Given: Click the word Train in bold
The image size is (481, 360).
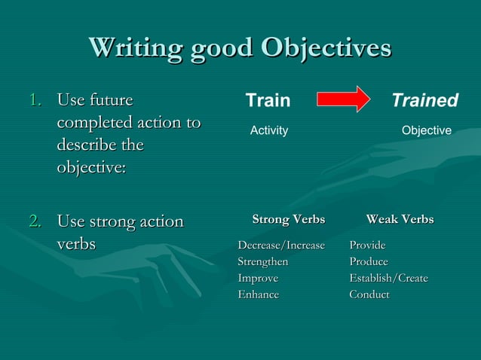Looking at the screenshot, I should pyautogui.click(x=268, y=101).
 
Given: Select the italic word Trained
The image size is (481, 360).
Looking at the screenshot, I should pyautogui.click(x=424, y=101).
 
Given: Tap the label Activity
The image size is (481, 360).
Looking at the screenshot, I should pyautogui.click(x=269, y=131).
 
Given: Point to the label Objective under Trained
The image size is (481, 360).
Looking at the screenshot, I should pyautogui.click(x=426, y=131).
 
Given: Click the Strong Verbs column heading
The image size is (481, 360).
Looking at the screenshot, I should pyautogui.click(x=288, y=220).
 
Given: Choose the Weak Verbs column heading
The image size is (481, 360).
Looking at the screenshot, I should pyautogui.click(x=400, y=220).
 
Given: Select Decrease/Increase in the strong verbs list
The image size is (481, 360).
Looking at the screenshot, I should pyautogui.click(x=281, y=246).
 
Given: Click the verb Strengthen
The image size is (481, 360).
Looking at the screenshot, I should pyautogui.click(x=262, y=262).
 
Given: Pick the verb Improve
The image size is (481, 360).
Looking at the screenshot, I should pyautogui.click(x=258, y=279).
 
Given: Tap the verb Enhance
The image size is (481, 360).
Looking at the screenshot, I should pyautogui.click(x=258, y=295).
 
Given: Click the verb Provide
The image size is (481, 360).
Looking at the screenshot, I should pyautogui.click(x=367, y=246).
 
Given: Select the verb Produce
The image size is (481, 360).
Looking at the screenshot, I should pyautogui.click(x=368, y=262).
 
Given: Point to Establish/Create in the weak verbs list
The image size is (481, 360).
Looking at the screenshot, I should pyautogui.click(x=388, y=279).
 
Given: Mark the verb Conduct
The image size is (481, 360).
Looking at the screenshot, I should pyautogui.click(x=369, y=295).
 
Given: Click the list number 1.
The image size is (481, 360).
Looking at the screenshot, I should pyautogui.click(x=35, y=100).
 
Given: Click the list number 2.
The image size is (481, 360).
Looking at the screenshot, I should pyautogui.click(x=35, y=222).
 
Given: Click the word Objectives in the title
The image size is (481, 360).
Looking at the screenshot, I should pyautogui.click(x=326, y=47).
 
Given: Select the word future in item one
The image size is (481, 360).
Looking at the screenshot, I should pyautogui.click(x=111, y=100).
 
